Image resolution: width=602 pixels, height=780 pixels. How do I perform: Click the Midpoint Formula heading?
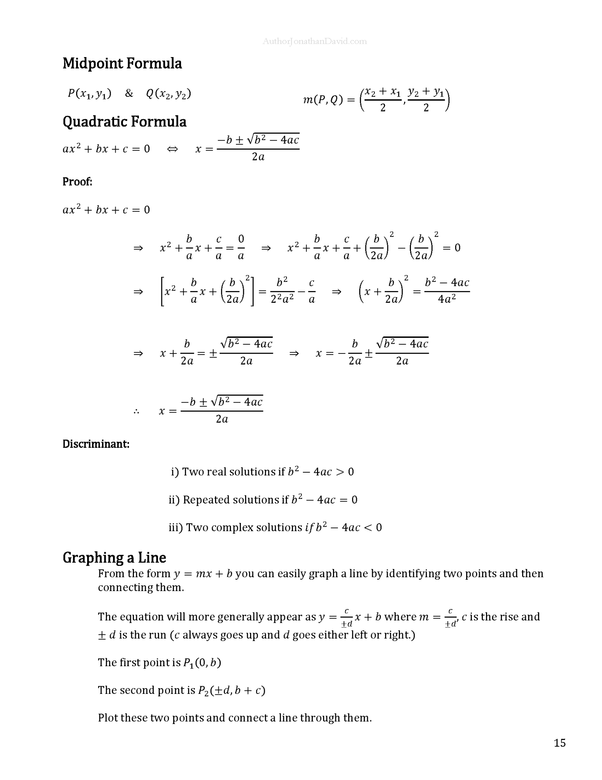tap(122, 63)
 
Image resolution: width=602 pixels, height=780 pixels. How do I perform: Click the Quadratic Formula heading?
tap(124, 121)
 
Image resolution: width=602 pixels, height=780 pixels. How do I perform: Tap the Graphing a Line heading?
tap(114, 558)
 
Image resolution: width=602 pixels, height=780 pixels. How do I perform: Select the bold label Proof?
tap(77, 182)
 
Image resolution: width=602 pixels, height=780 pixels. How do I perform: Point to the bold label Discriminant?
tap(96, 444)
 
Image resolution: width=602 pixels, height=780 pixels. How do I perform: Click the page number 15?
tap(559, 743)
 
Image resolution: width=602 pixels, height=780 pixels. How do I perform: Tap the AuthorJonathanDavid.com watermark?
tap(314, 41)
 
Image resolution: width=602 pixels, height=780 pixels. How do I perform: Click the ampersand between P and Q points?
tap(129, 93)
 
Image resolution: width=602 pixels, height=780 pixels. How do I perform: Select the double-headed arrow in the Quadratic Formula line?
tap(172, 149)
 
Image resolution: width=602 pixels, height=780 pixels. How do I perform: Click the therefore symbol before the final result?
tap(137, 411)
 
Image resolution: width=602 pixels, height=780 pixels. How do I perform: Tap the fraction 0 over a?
tap(241, 248)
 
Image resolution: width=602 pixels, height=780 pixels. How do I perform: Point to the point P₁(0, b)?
tap(202, 663)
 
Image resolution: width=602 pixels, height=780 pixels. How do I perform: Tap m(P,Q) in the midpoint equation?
tap(323, 100)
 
